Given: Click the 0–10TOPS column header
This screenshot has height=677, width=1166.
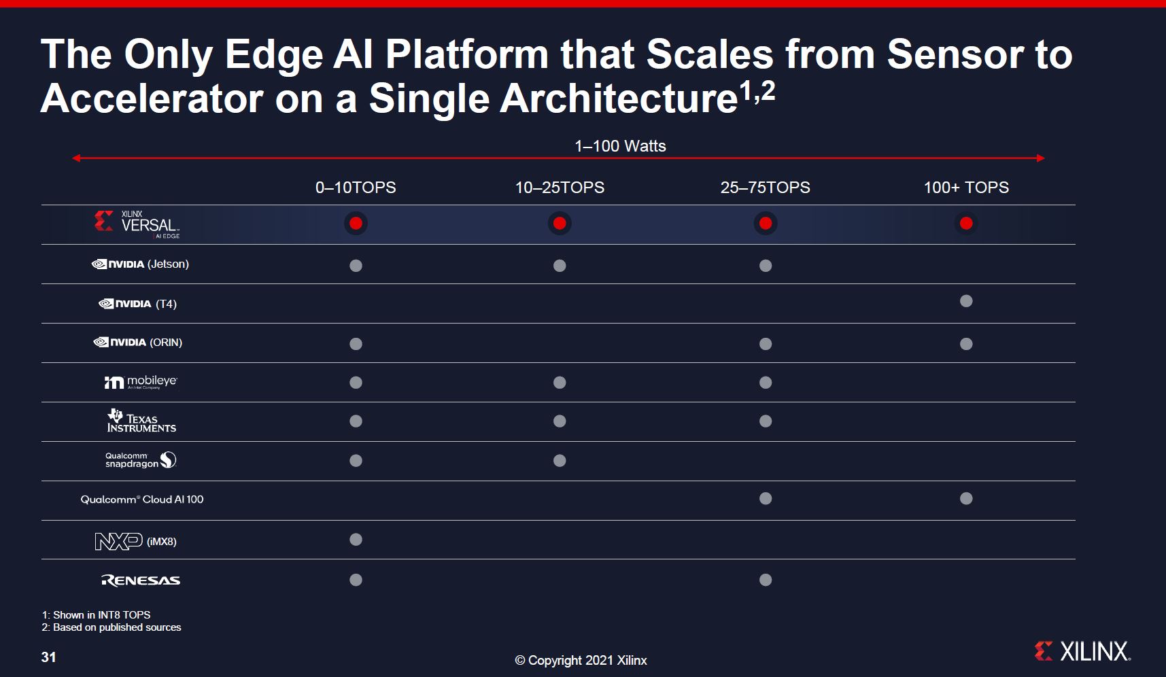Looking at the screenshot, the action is [356, 188].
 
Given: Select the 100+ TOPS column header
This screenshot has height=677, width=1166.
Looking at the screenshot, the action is [966, 188].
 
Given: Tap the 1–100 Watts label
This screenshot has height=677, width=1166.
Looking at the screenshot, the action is [620, 146].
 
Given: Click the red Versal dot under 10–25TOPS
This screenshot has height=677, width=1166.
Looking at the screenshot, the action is [560, 224].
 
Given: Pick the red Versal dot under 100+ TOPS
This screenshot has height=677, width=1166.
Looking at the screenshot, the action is [966, 224].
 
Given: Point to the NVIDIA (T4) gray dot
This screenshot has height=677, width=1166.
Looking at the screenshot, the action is [966, 301].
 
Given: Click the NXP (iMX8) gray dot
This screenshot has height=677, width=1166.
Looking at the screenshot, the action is [356, 540].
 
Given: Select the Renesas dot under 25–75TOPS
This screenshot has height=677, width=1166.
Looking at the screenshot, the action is [766, 580].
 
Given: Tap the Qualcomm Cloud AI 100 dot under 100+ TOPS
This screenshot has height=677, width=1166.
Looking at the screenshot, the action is [966, 499].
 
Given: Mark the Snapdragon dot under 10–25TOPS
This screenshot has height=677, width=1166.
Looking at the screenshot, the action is [560, 461].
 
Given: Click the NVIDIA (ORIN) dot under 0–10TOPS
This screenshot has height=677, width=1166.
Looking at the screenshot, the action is [356, 344].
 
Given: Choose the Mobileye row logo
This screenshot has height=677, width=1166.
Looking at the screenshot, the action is [141, 382].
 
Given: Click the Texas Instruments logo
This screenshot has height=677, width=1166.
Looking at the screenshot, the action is [141, 421].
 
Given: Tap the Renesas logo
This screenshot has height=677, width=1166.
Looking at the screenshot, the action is [141, 580].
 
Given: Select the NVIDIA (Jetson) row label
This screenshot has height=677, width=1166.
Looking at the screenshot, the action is [140, 264].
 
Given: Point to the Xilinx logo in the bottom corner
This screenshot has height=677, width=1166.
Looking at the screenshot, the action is [1082, 651].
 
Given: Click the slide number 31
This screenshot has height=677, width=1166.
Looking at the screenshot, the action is [48, 657].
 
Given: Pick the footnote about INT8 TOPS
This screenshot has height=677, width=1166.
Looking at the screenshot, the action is [96, 615].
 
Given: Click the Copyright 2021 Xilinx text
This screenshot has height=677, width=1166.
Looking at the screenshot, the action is [581, 661].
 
